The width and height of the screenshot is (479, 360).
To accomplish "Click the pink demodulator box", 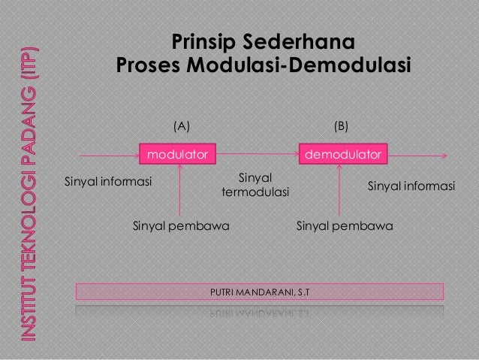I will (342, 154).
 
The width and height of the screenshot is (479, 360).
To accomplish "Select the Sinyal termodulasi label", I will (255, 186).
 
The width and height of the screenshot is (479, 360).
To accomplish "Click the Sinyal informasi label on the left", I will (108, 182).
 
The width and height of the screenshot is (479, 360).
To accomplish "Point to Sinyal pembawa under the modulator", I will (181, 225).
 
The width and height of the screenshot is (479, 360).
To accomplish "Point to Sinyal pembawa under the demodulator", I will (345, 225).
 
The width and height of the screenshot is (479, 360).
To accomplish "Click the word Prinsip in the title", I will (203, 41).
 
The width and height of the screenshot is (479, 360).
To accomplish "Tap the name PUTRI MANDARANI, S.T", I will (259, 290).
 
